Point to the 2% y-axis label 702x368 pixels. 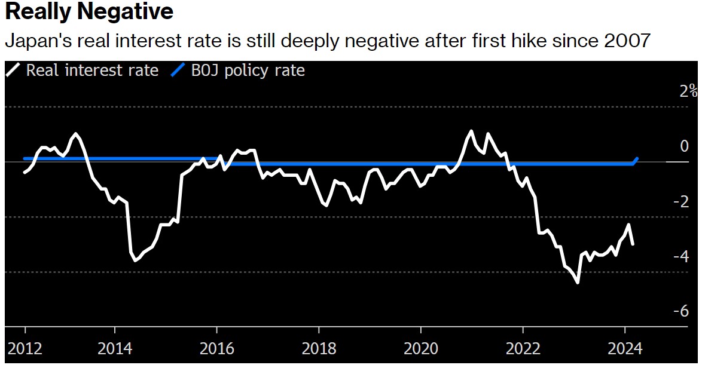pos(688,91)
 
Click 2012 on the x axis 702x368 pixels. pos(25,348)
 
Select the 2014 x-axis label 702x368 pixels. pos(114,348)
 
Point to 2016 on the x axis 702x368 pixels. pos(216,348)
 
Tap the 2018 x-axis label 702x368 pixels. pos(319,348)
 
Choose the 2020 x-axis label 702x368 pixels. pos(421,348)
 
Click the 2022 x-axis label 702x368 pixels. pos(523,348)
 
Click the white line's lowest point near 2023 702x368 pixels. pos(578,282)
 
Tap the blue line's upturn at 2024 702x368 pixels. pos(636,160)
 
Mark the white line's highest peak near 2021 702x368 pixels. pos(471,131)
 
